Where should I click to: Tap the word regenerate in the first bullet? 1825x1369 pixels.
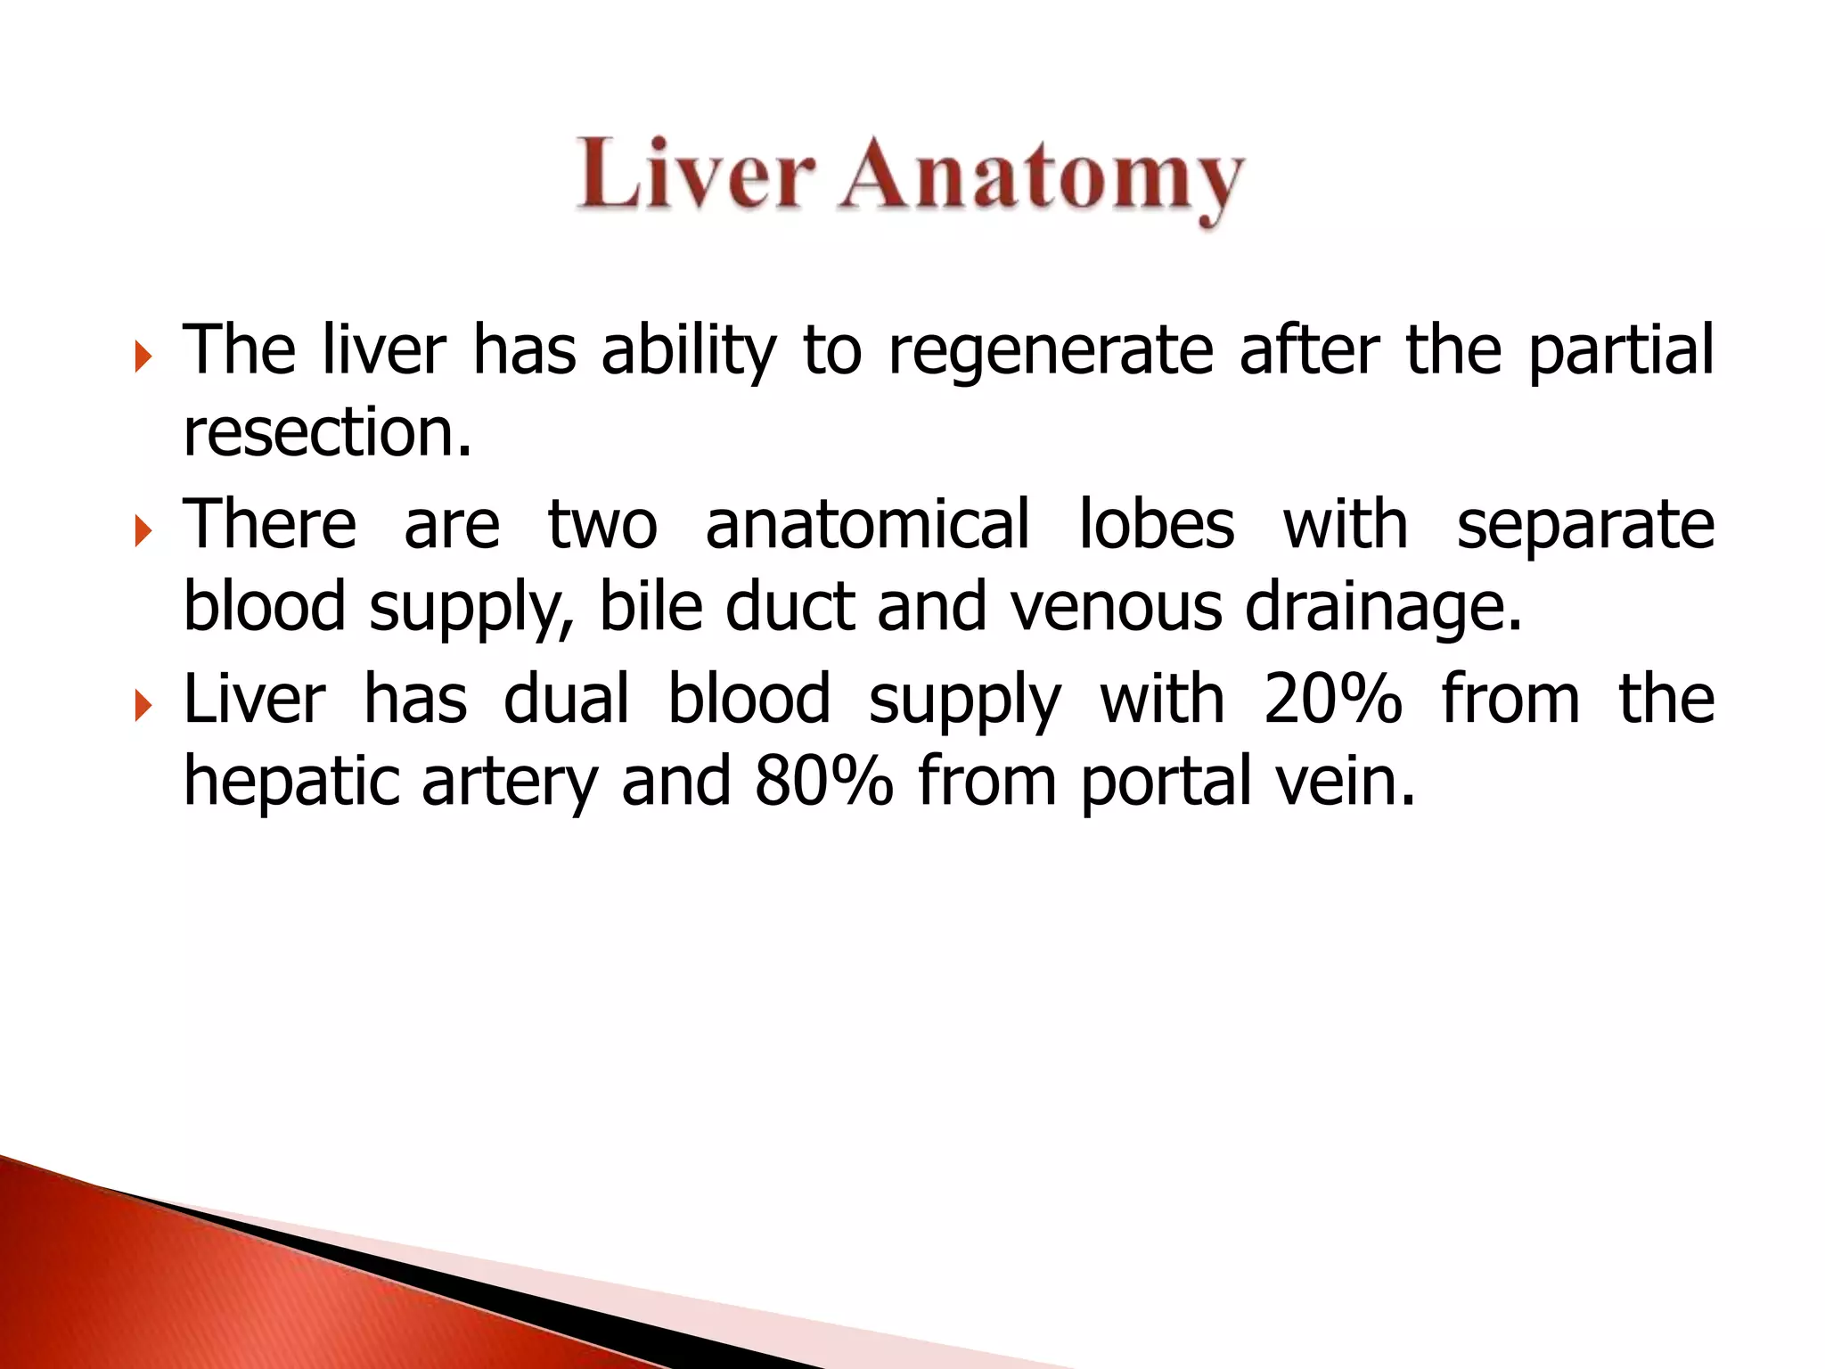tap(1051, 349)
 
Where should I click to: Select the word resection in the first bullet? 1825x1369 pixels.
tap(326, 432)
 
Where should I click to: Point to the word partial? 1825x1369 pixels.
tap(1621, 351)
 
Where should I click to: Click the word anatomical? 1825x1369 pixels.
tap(867, 524)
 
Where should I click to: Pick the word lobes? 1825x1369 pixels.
tap(1157, 524)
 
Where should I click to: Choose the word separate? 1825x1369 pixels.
tap(1585, 526)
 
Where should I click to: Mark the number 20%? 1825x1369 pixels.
tap(1332, 699)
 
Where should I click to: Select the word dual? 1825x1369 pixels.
tap(567, 699)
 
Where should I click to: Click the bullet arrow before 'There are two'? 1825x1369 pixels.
tap(143, 533)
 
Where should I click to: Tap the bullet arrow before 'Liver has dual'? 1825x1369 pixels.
tap(143, 708)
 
